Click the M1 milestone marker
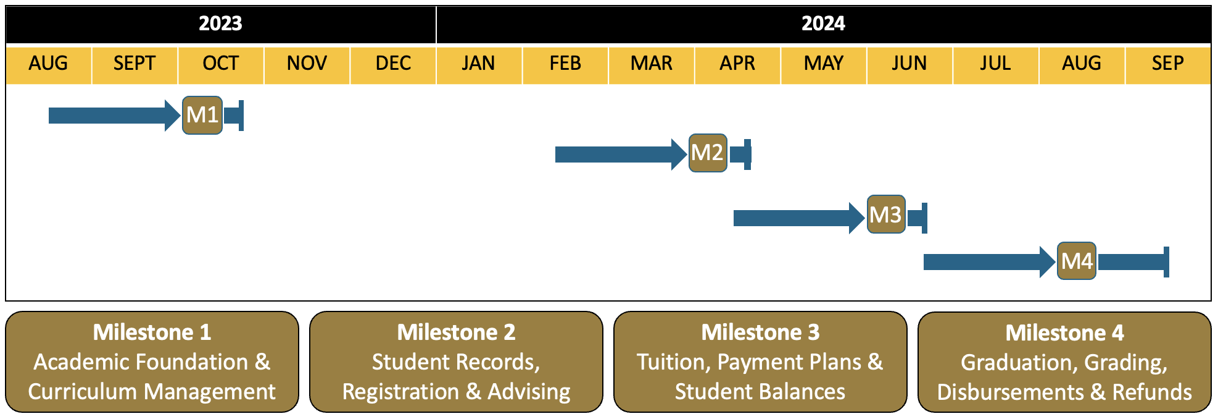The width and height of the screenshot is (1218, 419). (202, 115)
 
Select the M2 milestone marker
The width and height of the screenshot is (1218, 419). (708, 153)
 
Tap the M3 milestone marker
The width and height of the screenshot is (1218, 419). (886, 214)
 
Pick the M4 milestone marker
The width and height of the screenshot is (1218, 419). (1077, 261)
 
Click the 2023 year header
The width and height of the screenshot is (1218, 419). (220, 23)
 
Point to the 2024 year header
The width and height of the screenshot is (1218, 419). (823, 23)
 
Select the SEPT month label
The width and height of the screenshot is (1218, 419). (135, 63)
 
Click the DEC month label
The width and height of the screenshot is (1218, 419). (393, 63)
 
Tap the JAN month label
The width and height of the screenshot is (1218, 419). (478, 63)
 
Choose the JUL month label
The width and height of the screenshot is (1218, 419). (995, 63)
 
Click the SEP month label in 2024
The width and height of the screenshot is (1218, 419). (1167, 63)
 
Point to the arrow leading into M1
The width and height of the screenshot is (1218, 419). (115, 116)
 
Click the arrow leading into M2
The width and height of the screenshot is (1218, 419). (621, 154)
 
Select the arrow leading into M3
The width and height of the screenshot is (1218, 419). (800, 218)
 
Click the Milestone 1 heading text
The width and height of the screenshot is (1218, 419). (152, 332)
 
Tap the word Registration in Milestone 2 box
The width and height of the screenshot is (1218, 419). (400, 392)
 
